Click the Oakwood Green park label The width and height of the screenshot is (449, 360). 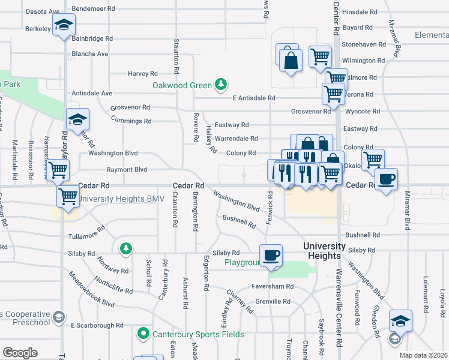click(x=182, y=85)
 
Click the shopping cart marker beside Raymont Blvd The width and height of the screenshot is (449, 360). click(x=58, y=170)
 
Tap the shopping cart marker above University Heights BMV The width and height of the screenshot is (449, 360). click(x=68, y=196)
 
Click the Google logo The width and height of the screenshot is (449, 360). click(x=20, y=353)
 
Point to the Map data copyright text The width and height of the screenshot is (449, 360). click(x=424, y=355)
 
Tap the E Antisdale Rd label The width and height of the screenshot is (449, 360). click(x=254, y=98)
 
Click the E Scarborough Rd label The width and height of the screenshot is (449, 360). click(x=97, y=325)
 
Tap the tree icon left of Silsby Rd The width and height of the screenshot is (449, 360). click(x=125, y=247)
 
